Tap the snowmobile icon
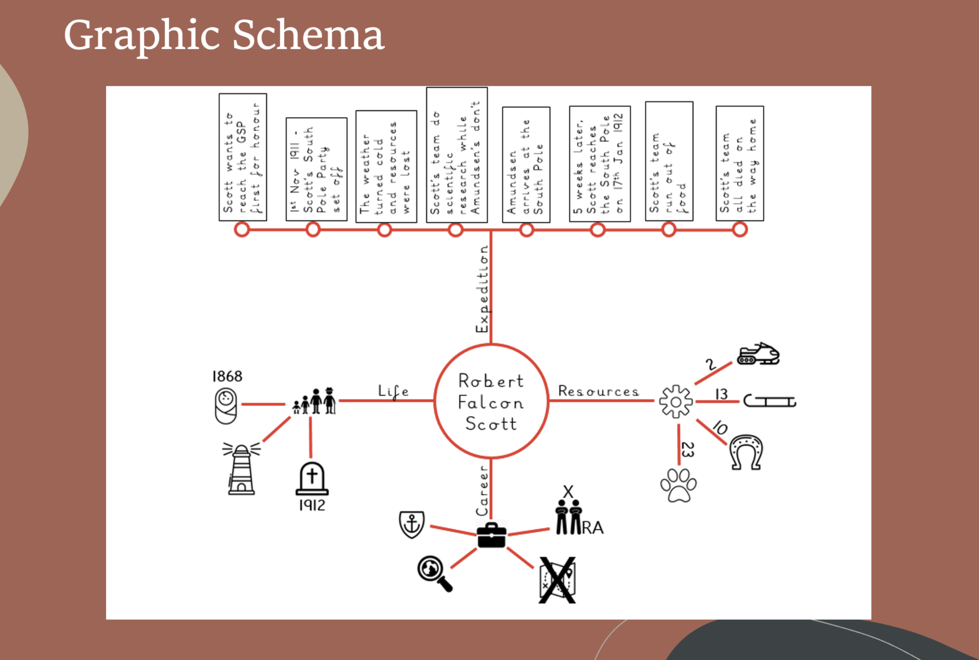point(758,354)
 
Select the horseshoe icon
point(745,452)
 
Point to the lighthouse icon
point(241,469)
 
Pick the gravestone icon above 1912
point(312,479)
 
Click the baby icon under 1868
point(226,406)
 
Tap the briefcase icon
point(491,535)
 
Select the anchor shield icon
point(412,524)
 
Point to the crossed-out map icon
point(557,580)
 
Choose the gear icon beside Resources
point(676,401)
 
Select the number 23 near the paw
point(687,449)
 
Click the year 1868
point(227,376)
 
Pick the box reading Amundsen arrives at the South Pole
point(526,164)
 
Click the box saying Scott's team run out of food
point(669,161)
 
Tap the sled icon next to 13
point(770,401)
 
